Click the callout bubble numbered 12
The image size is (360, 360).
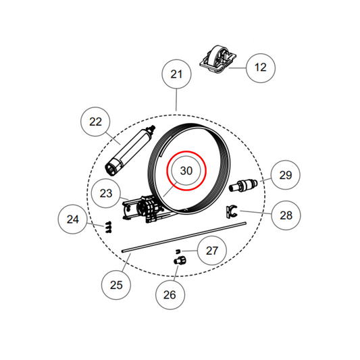click(261, 68)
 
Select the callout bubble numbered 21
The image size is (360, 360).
click(176, 74)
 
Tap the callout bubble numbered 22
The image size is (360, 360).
click(95, 122)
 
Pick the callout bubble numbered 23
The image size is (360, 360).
click(106, 193)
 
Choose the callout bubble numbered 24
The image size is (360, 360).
click(72, 220)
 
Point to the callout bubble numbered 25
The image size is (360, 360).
click(116, 285)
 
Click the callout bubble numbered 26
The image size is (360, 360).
click(170, 294)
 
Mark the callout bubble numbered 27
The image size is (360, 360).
click(212, 251)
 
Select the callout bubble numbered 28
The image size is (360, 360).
click(286, 215)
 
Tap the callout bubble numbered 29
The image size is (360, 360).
click(286, 175)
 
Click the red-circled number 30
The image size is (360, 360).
click(186, 171)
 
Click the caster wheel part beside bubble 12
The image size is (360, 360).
click(217, 59)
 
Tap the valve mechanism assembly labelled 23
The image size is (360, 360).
click(144, 209)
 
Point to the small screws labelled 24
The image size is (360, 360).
click(108, 228)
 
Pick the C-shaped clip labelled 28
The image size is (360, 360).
click(231, 211)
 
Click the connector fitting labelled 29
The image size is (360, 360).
click(243, 185)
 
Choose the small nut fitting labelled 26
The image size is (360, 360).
click(180, 261)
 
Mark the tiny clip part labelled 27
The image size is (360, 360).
click(178, 251)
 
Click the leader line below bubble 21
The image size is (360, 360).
click(176, 100)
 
